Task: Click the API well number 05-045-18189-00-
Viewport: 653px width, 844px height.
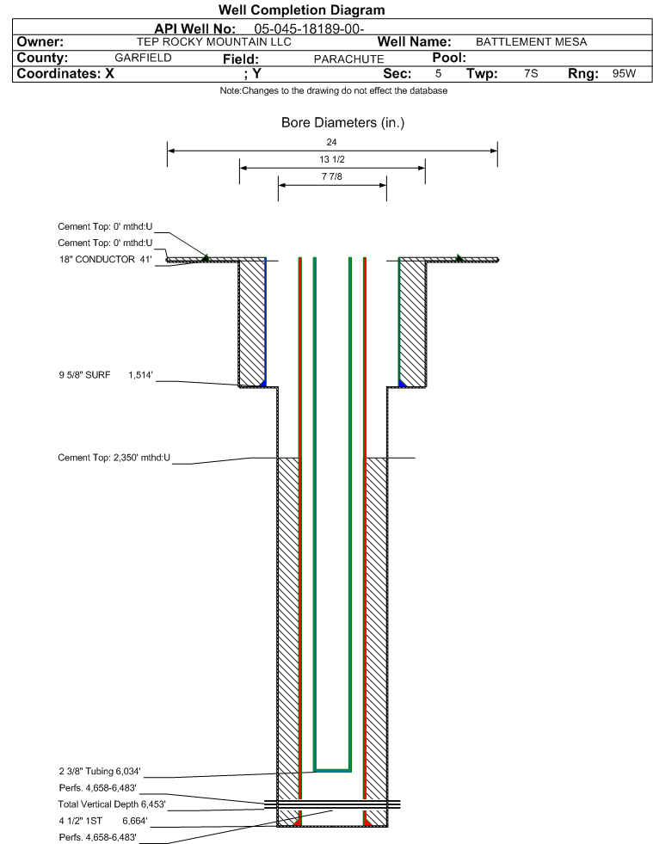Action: [x=309, y=29]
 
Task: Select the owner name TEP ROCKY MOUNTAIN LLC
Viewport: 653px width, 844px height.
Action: [x=213, y=42]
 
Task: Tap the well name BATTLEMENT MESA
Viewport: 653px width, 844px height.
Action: [x=531, y=42]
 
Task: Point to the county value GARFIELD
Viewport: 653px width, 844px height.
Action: [x=143, y=58]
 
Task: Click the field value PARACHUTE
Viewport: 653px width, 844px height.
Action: [x=348, y=59]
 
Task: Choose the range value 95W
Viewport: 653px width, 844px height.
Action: [x=624, y=73]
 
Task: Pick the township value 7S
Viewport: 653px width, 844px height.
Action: [x=531, y=73]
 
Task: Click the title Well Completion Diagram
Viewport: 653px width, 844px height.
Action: [x=301, y=9]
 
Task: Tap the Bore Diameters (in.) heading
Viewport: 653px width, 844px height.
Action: [x=342, y=123]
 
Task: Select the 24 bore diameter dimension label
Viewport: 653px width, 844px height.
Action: [x=331, y=142]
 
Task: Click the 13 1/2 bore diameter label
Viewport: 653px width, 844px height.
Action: [x=331, y=159]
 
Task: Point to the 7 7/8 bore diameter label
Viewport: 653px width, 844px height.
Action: [x=331, y=176]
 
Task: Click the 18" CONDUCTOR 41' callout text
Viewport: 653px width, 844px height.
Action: [x=106, y=260]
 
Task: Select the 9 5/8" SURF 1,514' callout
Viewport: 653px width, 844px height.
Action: [x=106, y=375]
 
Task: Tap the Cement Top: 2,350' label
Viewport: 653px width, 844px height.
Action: [x=114, y=458]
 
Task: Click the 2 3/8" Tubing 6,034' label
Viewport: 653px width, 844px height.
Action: [x=100, y=772]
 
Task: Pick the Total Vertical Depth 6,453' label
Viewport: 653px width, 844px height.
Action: [x=112, y=804]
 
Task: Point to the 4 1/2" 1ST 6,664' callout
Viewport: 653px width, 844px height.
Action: [x=103, y=821]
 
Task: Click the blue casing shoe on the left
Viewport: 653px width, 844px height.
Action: [x=262, y=383]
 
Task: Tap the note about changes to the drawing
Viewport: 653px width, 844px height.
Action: [x=333, y=90]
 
